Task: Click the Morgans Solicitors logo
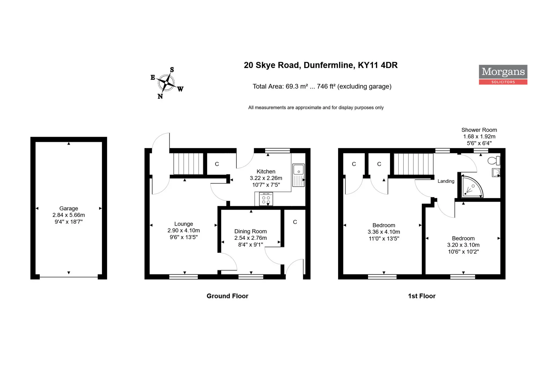tap(503, 75)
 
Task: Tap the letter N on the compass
tap(160, 96)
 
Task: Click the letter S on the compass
tap(172, 70)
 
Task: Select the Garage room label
tap(69, 208)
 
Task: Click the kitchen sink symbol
tap(298, 175)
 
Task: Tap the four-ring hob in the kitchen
tap(266, 199)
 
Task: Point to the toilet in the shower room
tap(494, 161)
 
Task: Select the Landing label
tap(446, 181)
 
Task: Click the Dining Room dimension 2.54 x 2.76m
tap(250, 238)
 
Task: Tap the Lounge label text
tap(184, 224)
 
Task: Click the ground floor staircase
tap(188, 164)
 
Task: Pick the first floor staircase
tap(413, 164)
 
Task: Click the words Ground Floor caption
tap(227, 296)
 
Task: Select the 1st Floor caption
tap(422, 296)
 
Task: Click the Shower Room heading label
tap(479, 130)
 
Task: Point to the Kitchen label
tap(266, 171)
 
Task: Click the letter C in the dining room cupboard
tap(295, 222)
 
